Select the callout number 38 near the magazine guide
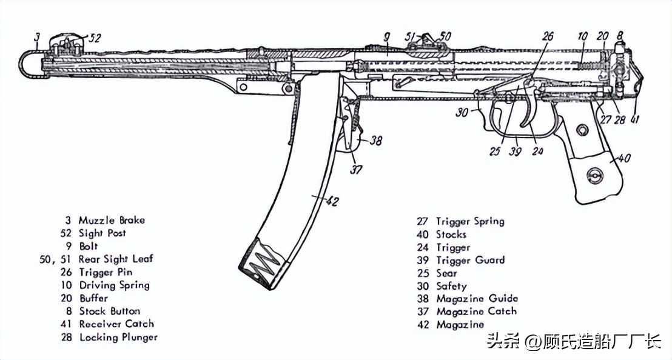coord(375,141)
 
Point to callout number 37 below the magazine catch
coord(356,170)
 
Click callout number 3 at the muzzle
coord(36,38)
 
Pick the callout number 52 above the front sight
coord(93,38)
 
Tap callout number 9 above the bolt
coord(386,38)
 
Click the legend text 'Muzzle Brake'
coord(112,220)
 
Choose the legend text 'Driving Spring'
coord(114,285)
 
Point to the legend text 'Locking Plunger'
coord(118,337)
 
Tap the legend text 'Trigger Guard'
coord(470,260)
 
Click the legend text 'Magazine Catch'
coord(476,311)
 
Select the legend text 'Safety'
coord(451,285)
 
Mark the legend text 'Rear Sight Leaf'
coord(116,259)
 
